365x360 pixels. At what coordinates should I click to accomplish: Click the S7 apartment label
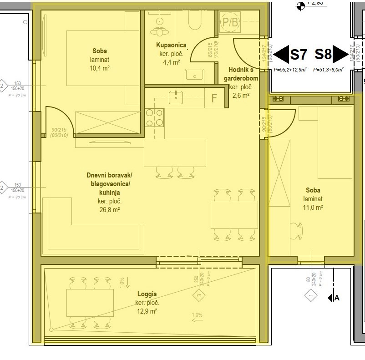299,55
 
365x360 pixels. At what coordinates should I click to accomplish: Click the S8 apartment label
323,55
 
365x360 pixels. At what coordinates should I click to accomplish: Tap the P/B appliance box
230,23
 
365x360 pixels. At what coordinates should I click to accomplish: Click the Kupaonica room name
171,45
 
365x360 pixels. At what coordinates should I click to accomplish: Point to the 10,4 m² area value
100,68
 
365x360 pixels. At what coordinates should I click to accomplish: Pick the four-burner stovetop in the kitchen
154,118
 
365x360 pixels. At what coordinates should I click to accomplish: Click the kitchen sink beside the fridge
176,96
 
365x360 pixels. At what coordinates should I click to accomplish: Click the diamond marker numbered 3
199,297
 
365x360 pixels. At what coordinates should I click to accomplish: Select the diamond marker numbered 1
311,297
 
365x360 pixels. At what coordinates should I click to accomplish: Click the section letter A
337,298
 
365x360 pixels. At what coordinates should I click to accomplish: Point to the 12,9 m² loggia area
146,311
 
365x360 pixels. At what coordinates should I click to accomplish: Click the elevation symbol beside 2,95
300,5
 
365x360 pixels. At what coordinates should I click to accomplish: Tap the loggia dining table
90,303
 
